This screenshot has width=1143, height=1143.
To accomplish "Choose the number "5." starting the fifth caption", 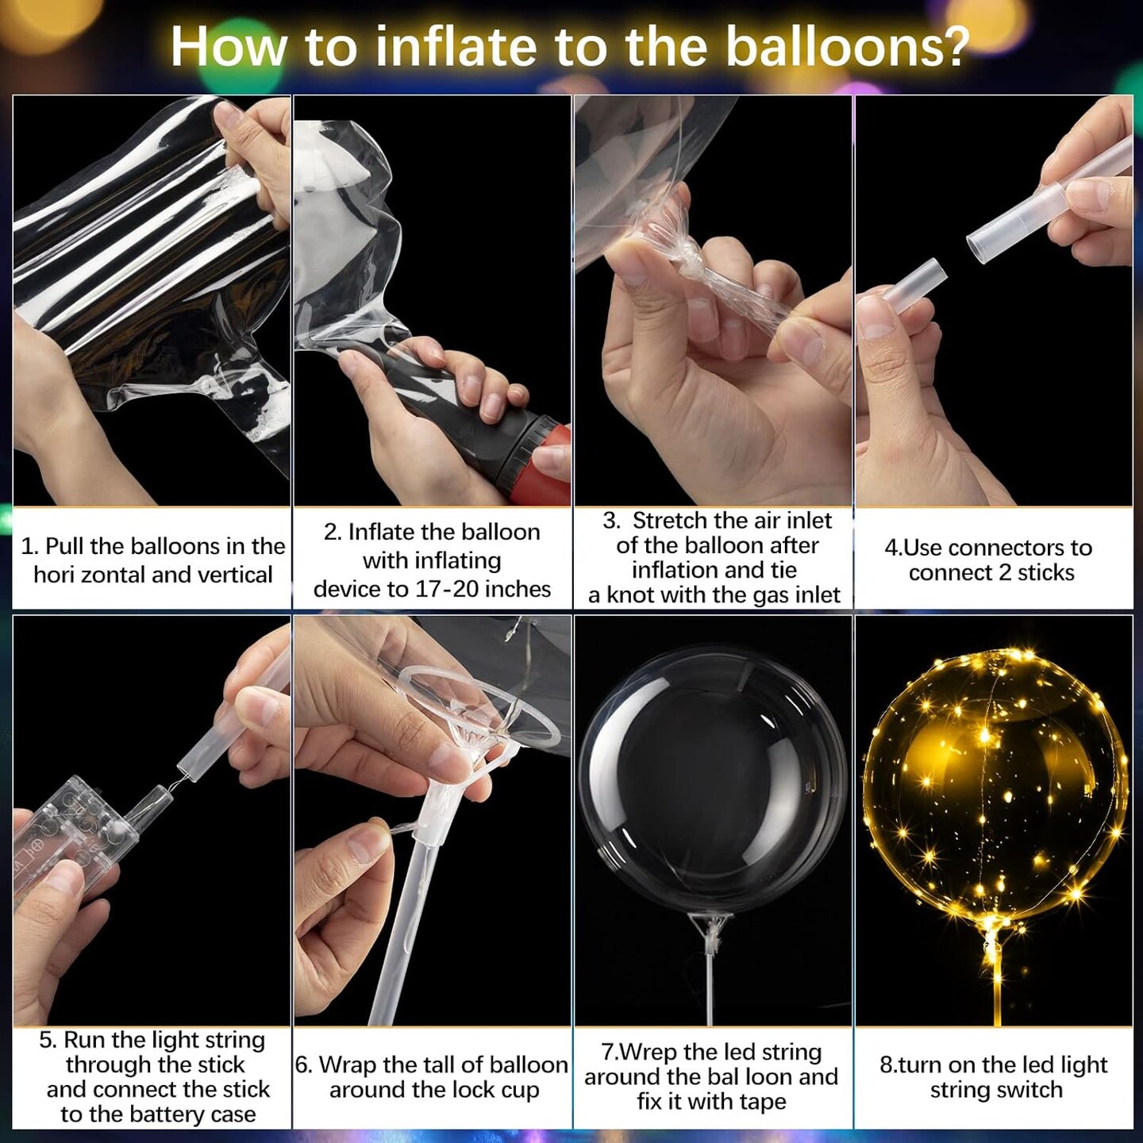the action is point(48,1040).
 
